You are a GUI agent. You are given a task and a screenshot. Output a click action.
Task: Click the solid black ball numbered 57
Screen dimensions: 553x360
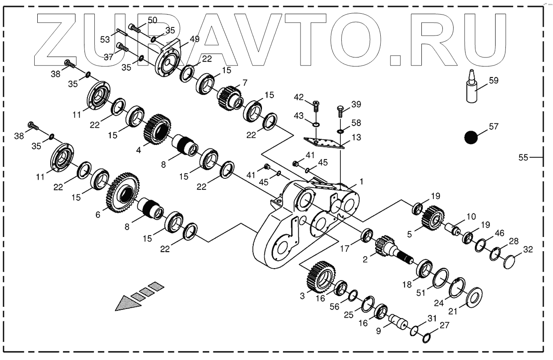click(x=471, y=137)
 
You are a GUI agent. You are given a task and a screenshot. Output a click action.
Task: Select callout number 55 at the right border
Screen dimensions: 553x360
click(x=523, y=158)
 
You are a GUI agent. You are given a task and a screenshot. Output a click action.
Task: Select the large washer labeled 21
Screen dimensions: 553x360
click(x=474, y=296)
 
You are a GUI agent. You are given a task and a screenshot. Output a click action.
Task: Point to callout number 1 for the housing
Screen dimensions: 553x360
click(x=361, y=182)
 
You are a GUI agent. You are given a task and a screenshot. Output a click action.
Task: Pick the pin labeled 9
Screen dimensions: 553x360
click(x=399, y=321)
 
